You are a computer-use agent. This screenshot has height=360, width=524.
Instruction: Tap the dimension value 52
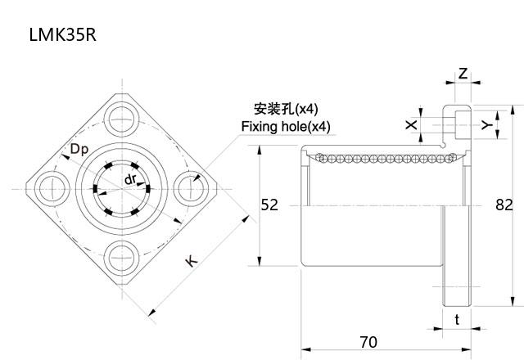(x=269, y=205)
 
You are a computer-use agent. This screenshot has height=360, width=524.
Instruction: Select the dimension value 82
(x=504, y=205)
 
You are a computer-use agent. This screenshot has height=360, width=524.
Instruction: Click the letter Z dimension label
(x=463, y=74)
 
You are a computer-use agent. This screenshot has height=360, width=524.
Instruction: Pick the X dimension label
(x=410, y=124)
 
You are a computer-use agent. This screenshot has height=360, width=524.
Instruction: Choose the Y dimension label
(x=486, y=125)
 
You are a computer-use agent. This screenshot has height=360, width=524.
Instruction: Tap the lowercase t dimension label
(x=457, y=320)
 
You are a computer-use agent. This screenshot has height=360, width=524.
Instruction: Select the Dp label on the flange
(x=79, y=149)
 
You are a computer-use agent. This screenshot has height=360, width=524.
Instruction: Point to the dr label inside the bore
(x=129, y=178)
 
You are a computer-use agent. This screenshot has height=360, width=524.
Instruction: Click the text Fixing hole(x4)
(x=286, y=127)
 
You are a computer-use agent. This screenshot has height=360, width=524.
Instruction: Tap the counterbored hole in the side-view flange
(x=455, y=124)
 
